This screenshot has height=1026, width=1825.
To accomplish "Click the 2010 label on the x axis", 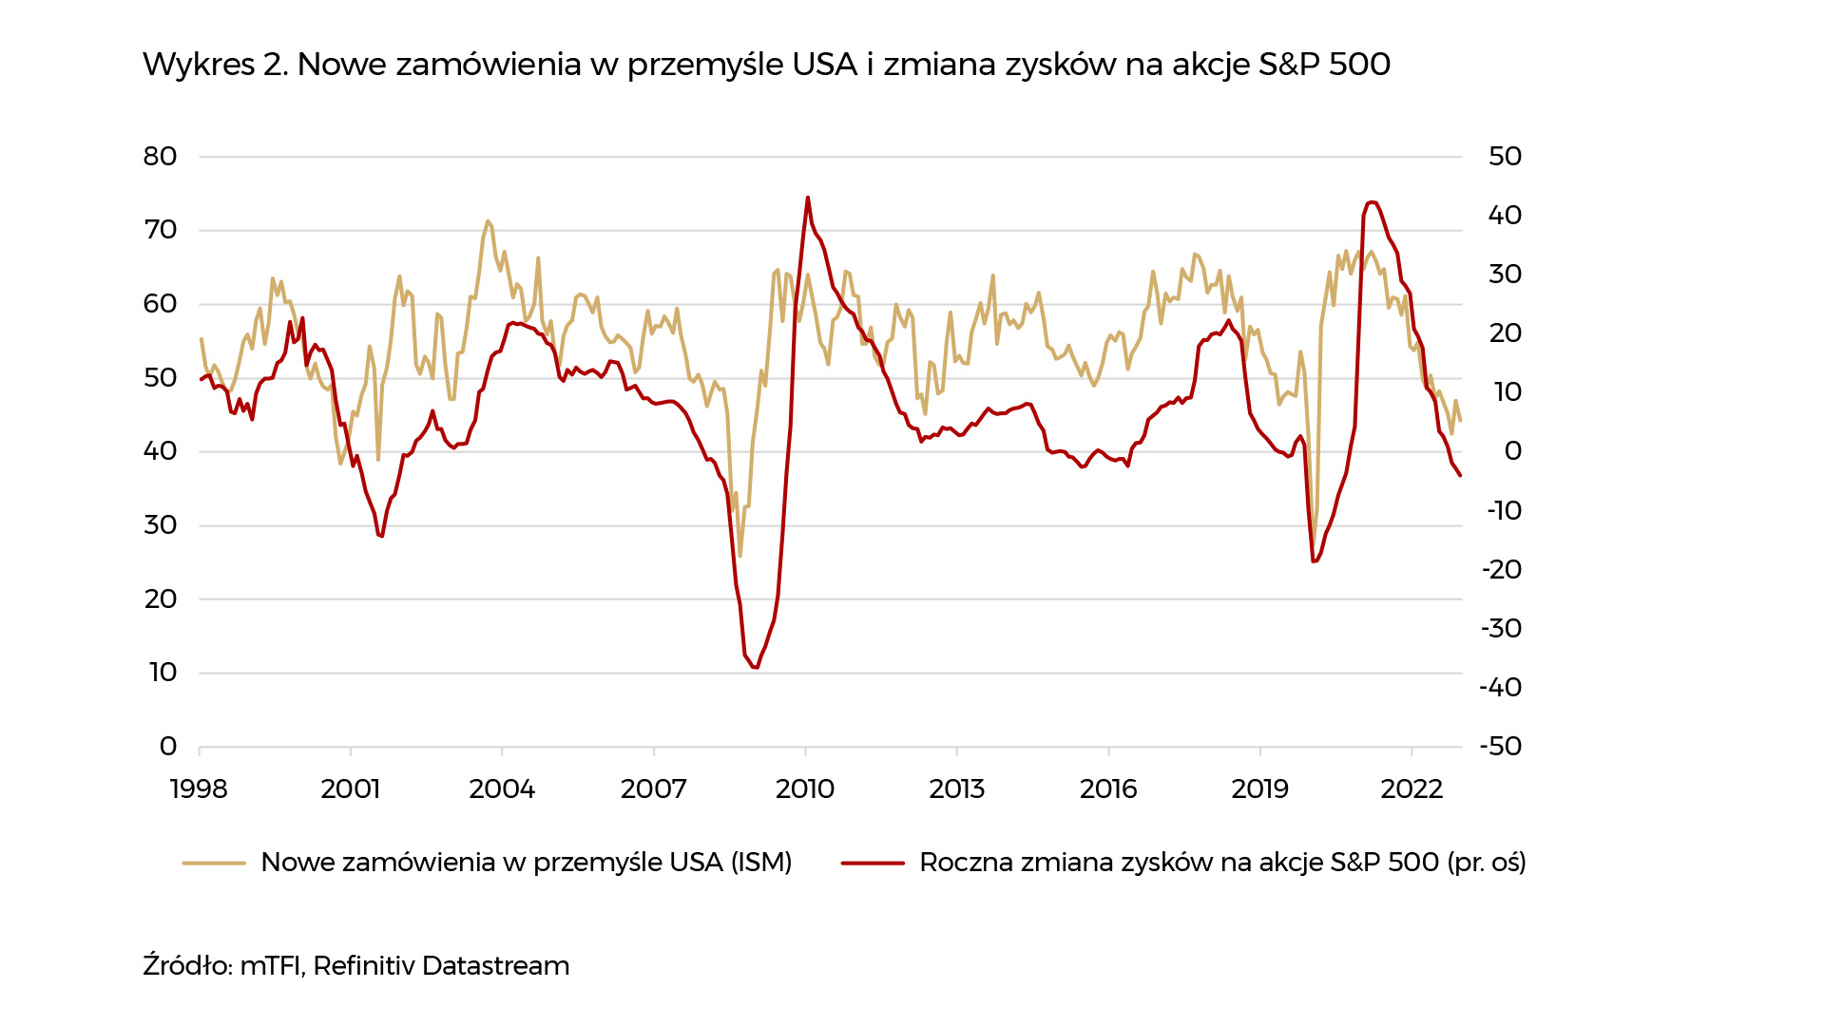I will coord(805,788).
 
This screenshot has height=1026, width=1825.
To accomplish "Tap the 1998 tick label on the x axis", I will coord(199,788).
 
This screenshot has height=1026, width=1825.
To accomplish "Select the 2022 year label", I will coord(1412,788).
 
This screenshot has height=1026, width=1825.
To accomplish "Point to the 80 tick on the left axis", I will coord(160,157).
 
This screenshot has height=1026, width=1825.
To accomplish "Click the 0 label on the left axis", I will coord(168,747).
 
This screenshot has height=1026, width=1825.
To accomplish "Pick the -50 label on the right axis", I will coord(1501,747).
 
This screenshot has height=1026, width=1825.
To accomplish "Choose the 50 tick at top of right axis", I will coord(1505,157).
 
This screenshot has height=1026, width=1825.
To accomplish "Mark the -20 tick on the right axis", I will coord(1502,570).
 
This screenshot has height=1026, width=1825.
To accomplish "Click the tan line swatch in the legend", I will coord(214,863).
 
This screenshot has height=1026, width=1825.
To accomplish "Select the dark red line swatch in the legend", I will coord(873,863).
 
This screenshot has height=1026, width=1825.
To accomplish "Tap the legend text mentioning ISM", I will coord(526,863).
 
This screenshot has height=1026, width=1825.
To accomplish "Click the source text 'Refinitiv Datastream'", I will coord(441,966).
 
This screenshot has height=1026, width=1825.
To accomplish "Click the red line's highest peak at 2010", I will coord(808,198).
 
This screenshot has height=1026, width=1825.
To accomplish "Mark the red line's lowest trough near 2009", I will coord(756,668).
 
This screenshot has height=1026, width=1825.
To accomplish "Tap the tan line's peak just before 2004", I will coord(488,221).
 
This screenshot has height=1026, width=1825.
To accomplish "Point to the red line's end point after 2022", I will coord(1460,475).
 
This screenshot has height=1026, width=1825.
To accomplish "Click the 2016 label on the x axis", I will coord(1108,788).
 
